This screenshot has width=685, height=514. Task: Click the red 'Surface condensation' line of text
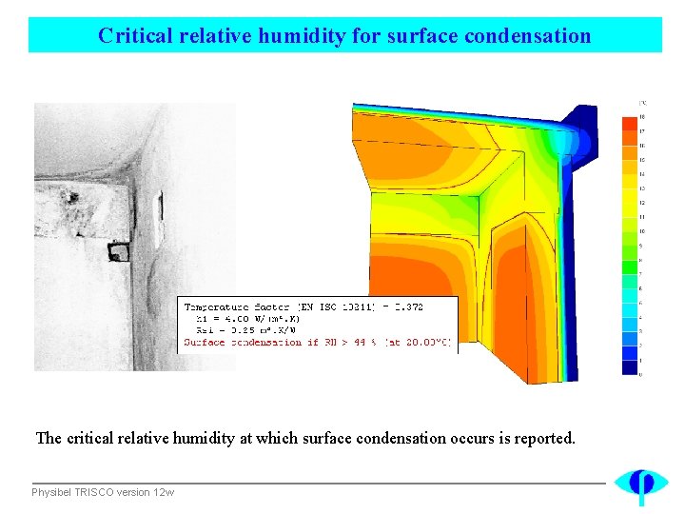pos(318,342)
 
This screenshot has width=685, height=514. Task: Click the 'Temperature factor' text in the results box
pos(238,306)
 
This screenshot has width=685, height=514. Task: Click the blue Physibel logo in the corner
pos(640,484)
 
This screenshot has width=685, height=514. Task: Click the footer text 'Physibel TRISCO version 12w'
pos(103,492)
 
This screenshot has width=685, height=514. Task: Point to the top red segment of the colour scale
pos(629,123)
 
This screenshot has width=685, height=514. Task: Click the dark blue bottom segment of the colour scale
pos(629,367)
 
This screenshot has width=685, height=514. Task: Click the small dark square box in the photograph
pos(119,250)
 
